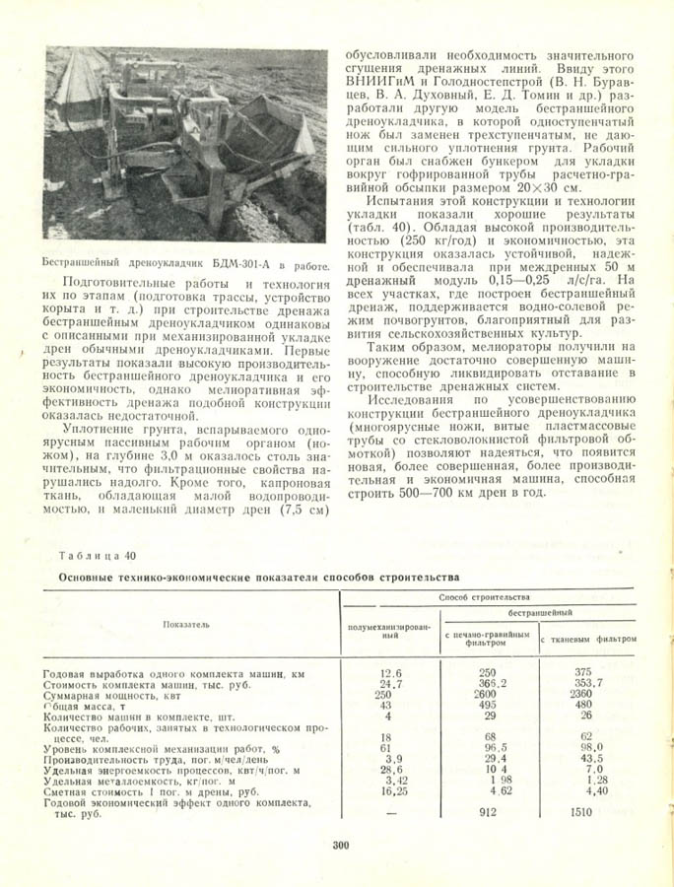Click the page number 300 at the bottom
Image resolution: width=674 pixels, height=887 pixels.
pos(341,845)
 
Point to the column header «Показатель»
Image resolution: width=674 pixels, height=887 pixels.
pos(186,624)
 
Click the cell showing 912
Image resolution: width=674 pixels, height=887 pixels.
pos(487,813)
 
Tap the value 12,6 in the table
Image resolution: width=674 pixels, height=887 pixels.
pos(391,673)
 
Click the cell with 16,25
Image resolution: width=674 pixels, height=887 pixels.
pos(392,790)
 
